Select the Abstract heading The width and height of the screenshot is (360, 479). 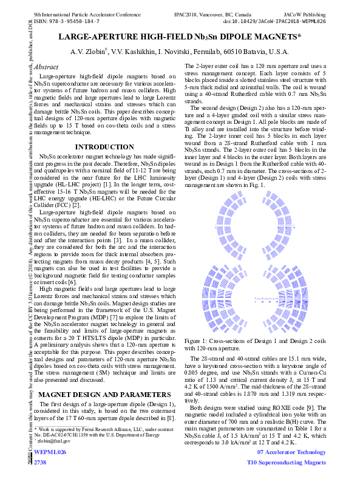[x=47, y=67]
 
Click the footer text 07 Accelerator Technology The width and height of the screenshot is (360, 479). [x=291, y=452]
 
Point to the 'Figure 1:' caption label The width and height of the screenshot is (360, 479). [x=196, y=342]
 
